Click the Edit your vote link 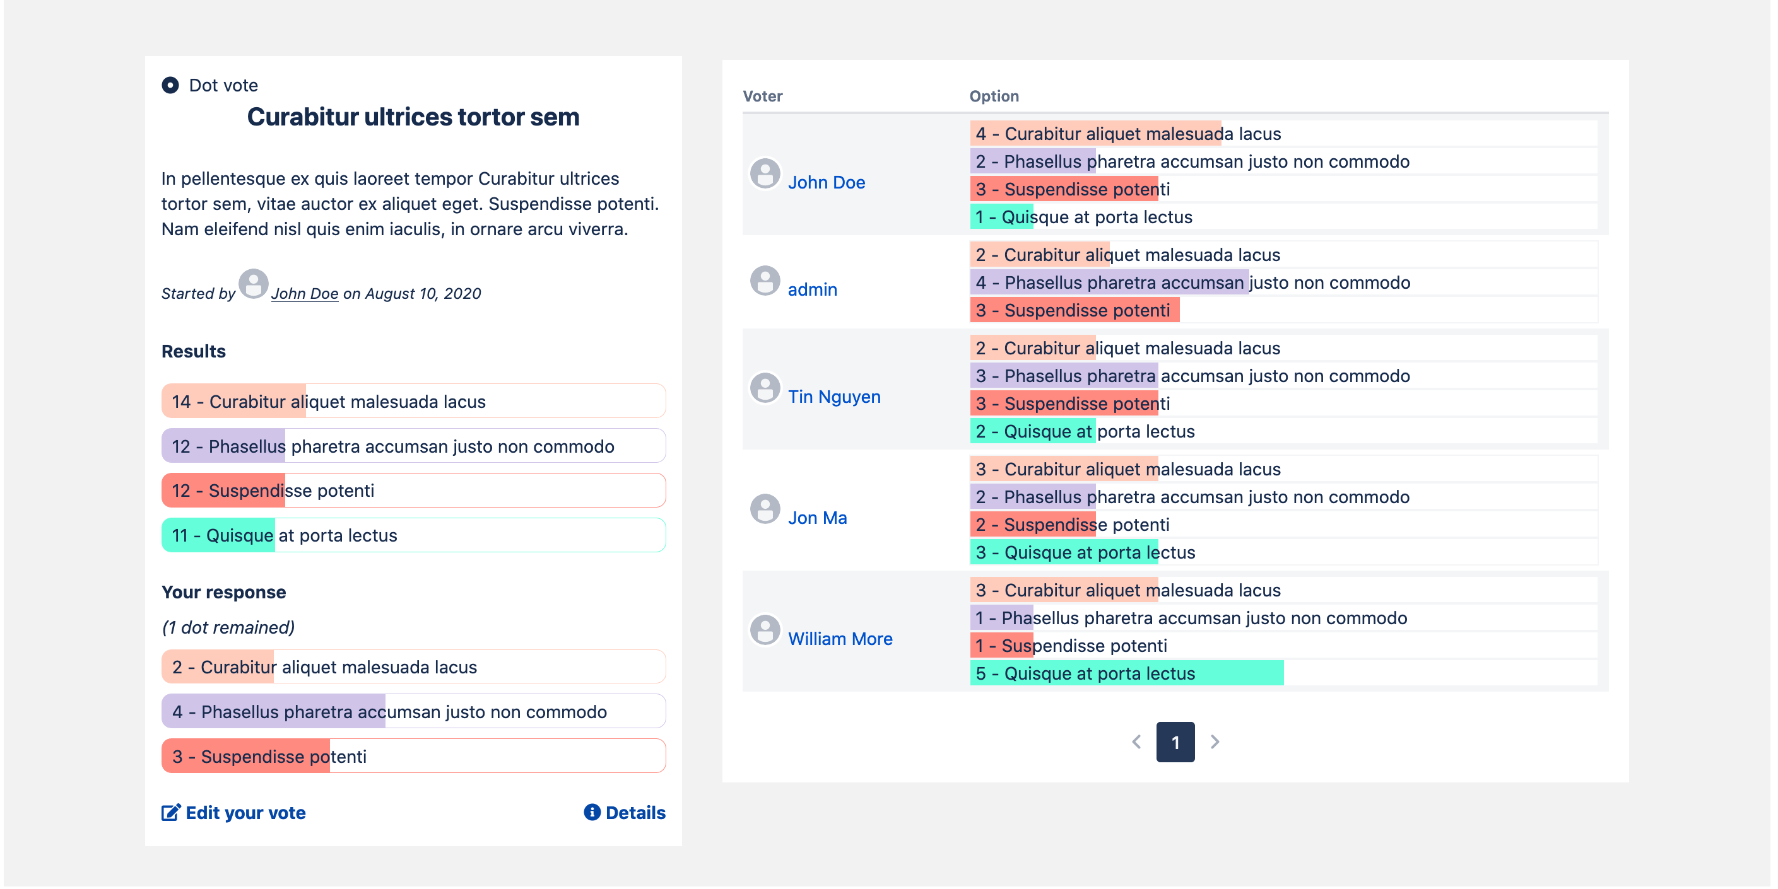pyautogui.click(x=234, y=813)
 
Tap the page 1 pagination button pyautogui.click(x=1175, y=742)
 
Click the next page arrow pyautogui.click(x=1215, y=742)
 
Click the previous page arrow pyautogui.click(x=1136, y=742)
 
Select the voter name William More pyautogui.click(x=840, y=639)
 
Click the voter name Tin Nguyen pyautogui.click(x=833, y=397)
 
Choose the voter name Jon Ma pyautogui.click(x=817, y=518)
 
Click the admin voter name pyautogui.click(x=813, y=289)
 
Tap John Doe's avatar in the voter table pyautogui.click(x=765, y=174)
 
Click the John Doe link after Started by pyautogui.click(x=304, y=294)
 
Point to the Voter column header pyautogui.click(x=762, y=96)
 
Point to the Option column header pyautogui.click(x=994, y=96)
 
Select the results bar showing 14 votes pyautogui.click(x=413, y=402)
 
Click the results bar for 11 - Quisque pyautogui.click(x=413, y=535)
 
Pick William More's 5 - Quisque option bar pyautogui.click(x=1126, y=673)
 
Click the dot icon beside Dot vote pyautogui.click(x=170, y=85)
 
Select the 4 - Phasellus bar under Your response pyautogui.click(x=413, y=712)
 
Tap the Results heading pyautogui.click(x=193, y=351)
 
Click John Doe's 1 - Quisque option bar pyautogui.click(x=1083, y=218)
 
